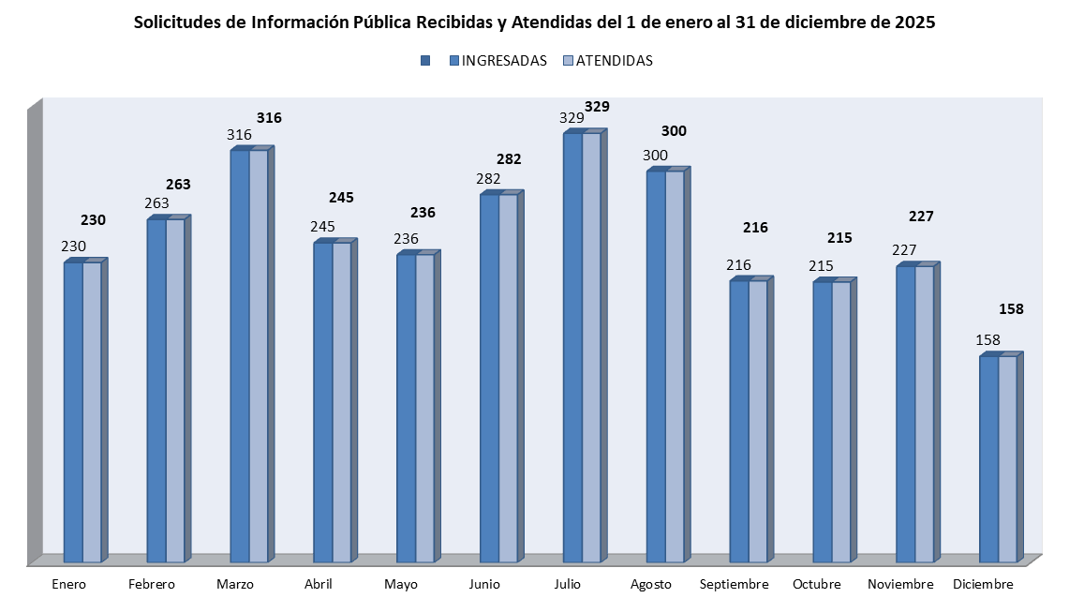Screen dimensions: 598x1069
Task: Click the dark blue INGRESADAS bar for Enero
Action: pyautogui.click(x=73, y=412)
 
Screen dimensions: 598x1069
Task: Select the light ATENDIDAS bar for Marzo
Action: pyautogui.click(x=259, y=356)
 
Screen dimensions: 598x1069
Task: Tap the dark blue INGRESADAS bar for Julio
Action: pyautogui.click(x=572, y=347)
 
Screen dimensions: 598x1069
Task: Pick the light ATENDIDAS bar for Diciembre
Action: pyautogui.click(x=1007, y=459)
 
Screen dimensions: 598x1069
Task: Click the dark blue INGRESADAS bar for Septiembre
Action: pyautogui.click(x=739, y=422)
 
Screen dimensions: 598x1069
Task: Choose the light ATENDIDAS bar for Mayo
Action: pyautogui.click(x=424, y=408)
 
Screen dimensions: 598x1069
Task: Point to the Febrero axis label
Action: pyautogui.click(x=152, y=584)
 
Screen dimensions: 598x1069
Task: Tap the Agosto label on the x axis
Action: pyautogui.click(x=650, y=584)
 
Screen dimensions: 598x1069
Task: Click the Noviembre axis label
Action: pyautogui.click(x=900, y=584)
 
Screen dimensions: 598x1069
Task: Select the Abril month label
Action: pyautogui.click(x=319, y=584)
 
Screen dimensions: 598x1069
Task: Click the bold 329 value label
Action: pyautogui.click(x=597, y=107)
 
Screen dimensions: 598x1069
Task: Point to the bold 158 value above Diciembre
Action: pyautogui.click(x=1011, y=308)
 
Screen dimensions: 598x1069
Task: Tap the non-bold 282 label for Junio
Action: pyautogui.click(x=488, y=179)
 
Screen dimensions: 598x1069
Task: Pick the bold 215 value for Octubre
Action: pyautogui.click(x=839, y=238)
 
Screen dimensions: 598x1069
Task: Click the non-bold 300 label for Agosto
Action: pyautogui.click(x=655, y=155)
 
